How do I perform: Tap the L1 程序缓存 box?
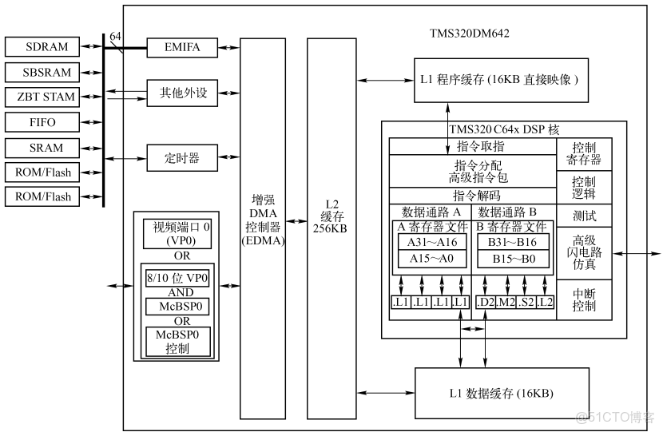[x=502, y=80]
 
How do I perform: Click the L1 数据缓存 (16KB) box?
[x=502, y=392]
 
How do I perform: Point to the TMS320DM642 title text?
[x=470, y=34]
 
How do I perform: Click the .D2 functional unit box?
[x=486, y=302]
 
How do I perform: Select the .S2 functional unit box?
[x=526, y=302]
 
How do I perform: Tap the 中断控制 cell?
[x=584, y=299]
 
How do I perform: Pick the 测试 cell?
[x=584, y=216]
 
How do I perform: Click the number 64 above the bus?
[x=115, y=37]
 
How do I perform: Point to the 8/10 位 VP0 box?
[x=178, y=279]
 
